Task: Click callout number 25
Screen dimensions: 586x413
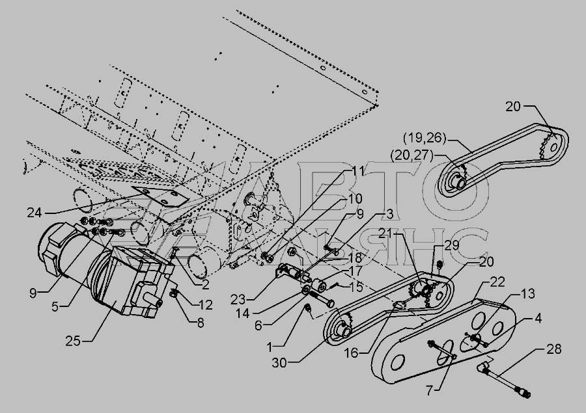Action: (73, 341)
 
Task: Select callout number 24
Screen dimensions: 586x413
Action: (35, 213)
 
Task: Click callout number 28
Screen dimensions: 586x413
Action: (553, 349)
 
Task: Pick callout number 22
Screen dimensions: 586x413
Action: (497, 282)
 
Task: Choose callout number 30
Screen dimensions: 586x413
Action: (279, 362)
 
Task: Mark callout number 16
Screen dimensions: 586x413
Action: (351, 353)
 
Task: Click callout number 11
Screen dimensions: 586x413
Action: (357, 172)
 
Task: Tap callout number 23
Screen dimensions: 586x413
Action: (238, 299)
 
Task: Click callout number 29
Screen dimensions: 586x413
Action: (451, 245)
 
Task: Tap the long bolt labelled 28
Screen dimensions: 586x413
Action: (505, 383)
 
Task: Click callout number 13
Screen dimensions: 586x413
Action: (527, 294)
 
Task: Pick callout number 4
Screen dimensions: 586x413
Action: (538, 318)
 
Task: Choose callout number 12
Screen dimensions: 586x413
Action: (205, 304)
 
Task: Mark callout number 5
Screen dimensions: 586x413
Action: (55, 307)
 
